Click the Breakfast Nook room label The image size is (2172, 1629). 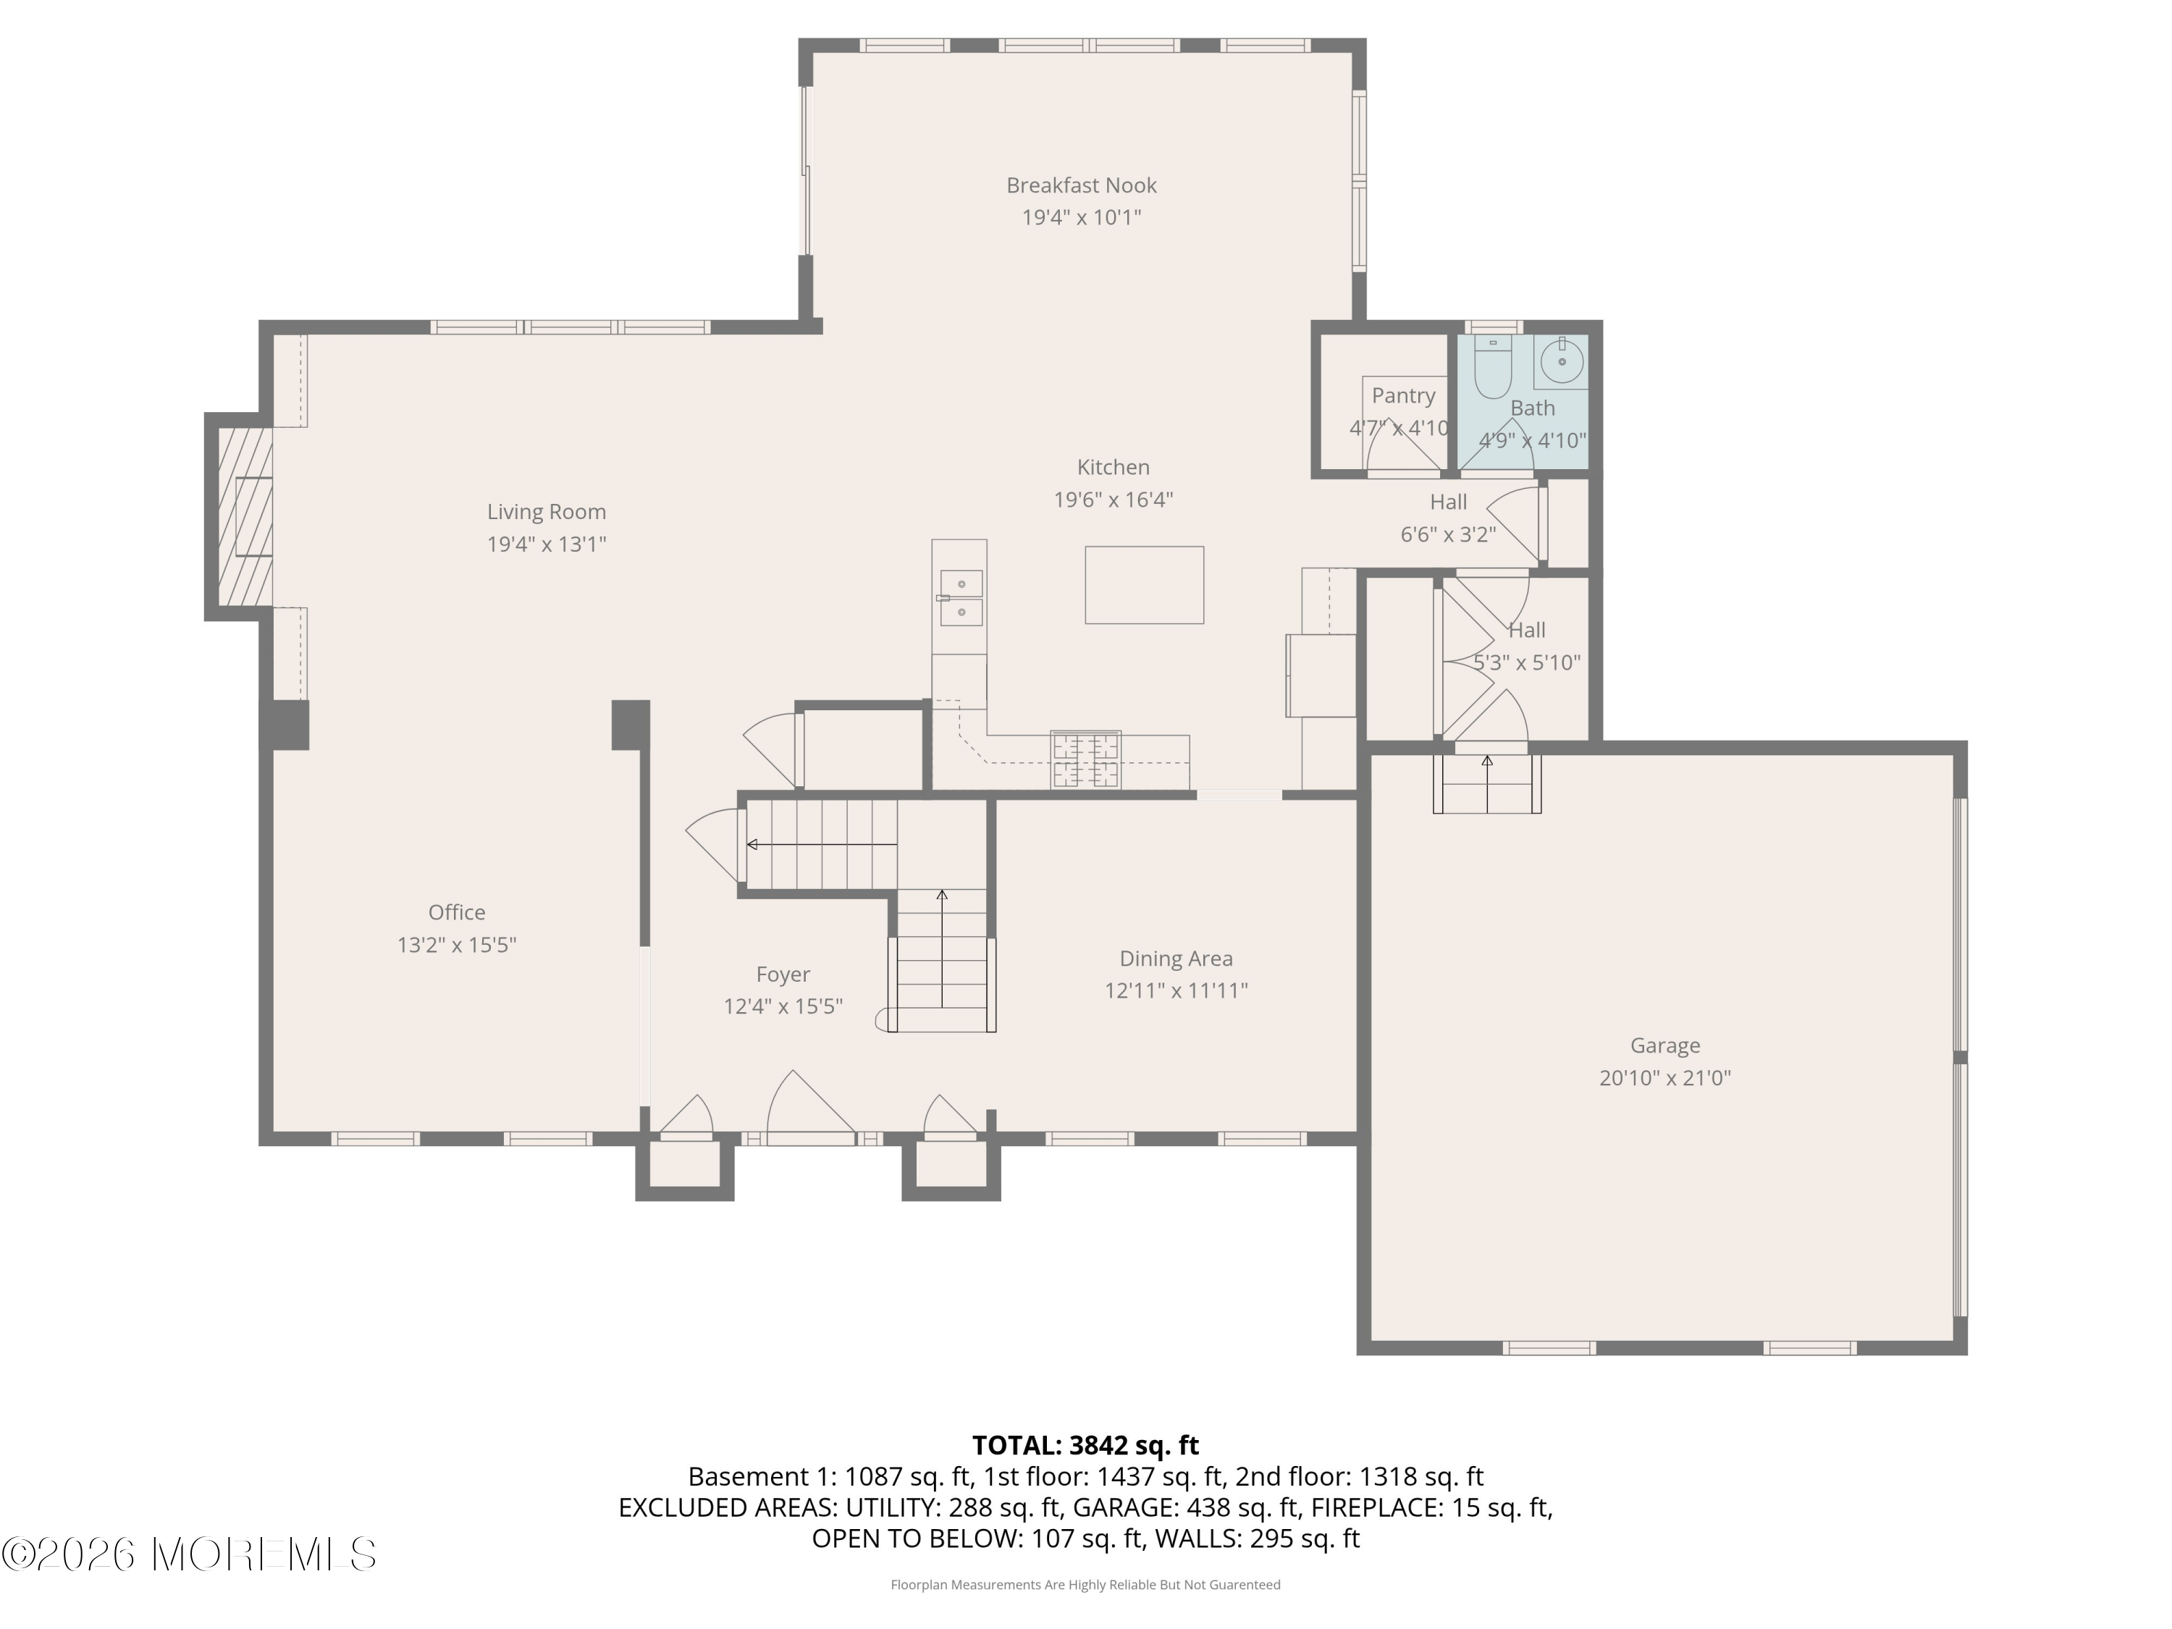(1081, 185)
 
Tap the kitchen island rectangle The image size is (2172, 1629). (1144, 585)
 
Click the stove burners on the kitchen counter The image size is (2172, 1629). (1086, 760)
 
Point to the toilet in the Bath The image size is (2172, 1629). (1492, 369)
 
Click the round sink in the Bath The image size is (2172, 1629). (1561, 362)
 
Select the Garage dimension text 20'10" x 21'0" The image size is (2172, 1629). (1664, 1078)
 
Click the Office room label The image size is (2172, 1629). (457, 912)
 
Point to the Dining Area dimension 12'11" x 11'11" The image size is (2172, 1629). (1175, 990)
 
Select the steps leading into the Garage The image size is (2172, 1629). (1486, 783)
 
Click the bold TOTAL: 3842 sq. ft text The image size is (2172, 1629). (1085, 1445)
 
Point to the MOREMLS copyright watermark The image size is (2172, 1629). (188, 1554)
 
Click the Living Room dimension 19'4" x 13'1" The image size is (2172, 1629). (546, 544)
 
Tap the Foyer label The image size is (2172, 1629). (783, 974)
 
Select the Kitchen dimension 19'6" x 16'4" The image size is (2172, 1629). (1113, 500)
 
